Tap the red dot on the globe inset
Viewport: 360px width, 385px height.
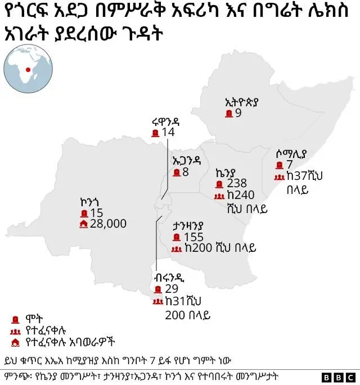pyautogui.click(x=28, y=69)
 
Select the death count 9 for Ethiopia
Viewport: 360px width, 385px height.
pyautogui.click(x=238, y=114)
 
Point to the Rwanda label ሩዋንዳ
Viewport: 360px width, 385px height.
pyautogui.click(x=164, y=121)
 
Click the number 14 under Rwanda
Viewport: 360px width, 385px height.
pyautogui.click(x=168, y=133)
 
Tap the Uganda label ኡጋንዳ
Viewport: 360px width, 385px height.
pyautogui.click(x=186, y=160)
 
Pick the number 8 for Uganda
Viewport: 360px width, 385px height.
pyautogui.click(x=185, y=172)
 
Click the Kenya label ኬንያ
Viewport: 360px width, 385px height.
pyautogui.click(x=227, y=171)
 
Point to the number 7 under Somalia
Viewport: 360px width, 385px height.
pyautogui.click(x=289, y=165)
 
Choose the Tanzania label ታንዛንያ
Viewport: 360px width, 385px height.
pyautogui.click(x=188, y=225)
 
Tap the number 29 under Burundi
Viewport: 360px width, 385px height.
pyautogui.click(x=172, y=289)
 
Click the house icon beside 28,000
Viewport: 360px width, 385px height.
pyautogui.click(x=84, y=224)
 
